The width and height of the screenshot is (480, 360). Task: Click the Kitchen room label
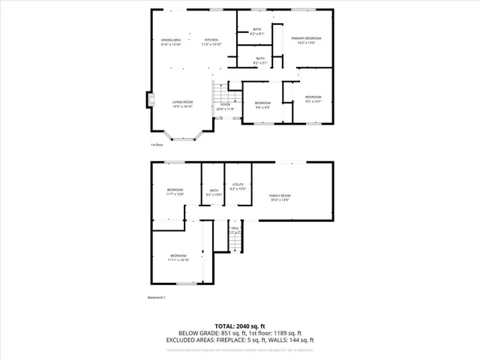(x=211, y=42)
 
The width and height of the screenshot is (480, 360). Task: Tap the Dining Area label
(x=171, y=42)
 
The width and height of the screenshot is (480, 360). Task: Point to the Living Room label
(x=182, y=103)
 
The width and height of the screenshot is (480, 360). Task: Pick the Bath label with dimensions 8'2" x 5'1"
(x=260, y=60)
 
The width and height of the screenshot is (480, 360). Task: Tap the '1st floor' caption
(x=156, y=145)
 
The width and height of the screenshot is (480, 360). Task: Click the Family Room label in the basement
(x=280, y=197)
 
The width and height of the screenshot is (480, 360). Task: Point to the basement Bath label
(x=214, y=193)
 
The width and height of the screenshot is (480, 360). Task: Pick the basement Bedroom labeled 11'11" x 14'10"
(x=178, y=257)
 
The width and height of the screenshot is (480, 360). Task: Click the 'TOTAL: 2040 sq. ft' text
(x=239, y=325)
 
